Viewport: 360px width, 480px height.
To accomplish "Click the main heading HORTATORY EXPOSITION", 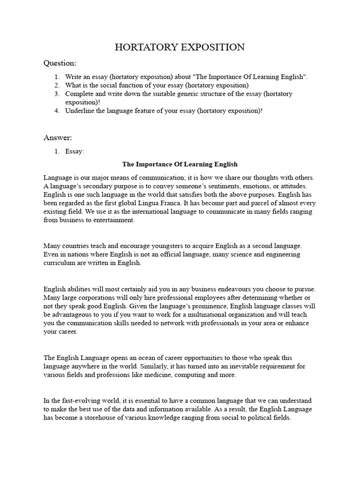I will pyautogui.click(x=180, y=47).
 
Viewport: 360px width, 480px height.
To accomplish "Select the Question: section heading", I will pyautogui.click(x=60, y=63).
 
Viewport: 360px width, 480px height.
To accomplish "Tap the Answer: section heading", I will pyautogui.click(x=58, y=137).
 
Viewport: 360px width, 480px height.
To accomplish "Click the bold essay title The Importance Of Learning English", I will pyautogui.click(x=180, y=165).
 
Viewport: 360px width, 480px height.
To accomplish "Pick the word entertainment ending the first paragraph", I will pyautogui.click(x=113, y=220).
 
